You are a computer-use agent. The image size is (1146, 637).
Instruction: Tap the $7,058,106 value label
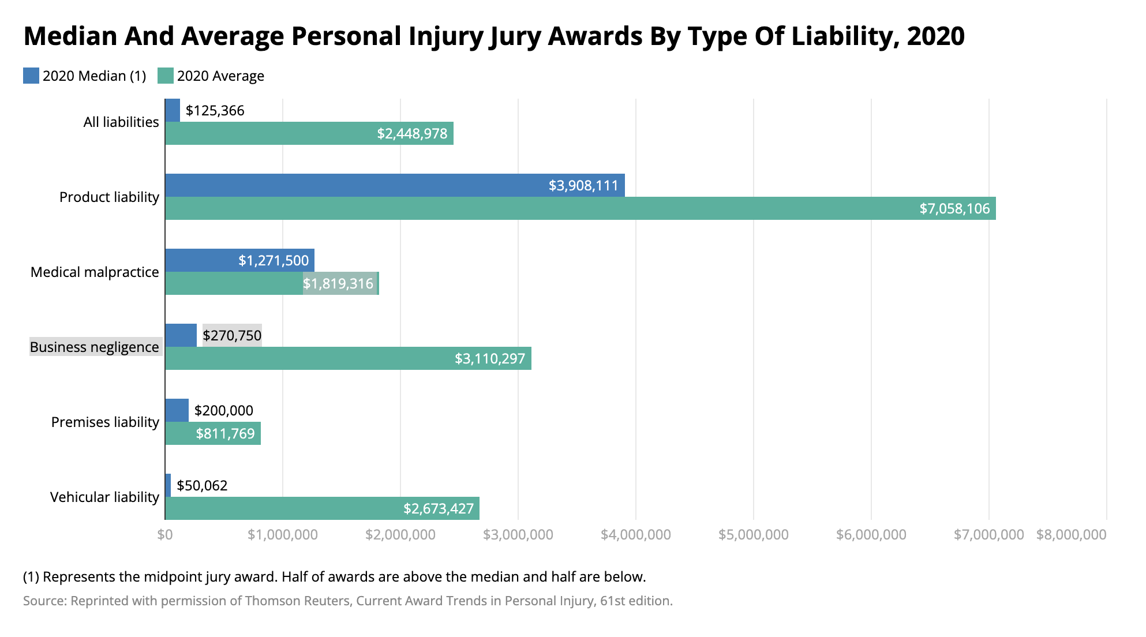(x=954, y=208)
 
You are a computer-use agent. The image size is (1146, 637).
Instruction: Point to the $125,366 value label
(x=215, y=110)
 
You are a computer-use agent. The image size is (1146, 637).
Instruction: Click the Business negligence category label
(x=95, y=347)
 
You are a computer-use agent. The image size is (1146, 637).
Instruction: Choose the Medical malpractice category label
(x=95, y=272)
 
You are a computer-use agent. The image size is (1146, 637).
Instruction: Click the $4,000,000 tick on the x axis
(x=635, y=534)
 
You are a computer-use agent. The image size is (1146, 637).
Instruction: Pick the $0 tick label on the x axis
(x=165, y=534)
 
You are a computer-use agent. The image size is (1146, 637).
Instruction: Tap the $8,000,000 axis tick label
(x=1071, y=534)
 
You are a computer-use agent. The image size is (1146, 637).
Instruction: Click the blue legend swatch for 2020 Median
(x=31, y=76)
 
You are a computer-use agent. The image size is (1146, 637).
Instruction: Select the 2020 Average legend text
(x=220, y=76)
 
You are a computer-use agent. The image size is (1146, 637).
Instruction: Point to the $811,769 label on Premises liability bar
(x=225, y=433)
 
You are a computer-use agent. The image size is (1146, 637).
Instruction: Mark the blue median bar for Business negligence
(x=181, y=335)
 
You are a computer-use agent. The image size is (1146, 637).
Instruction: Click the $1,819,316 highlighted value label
(x=338, y=283)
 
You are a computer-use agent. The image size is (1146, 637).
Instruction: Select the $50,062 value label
(x=202, y=485)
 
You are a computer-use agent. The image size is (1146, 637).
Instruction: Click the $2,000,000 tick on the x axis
(x=400, y=534)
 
